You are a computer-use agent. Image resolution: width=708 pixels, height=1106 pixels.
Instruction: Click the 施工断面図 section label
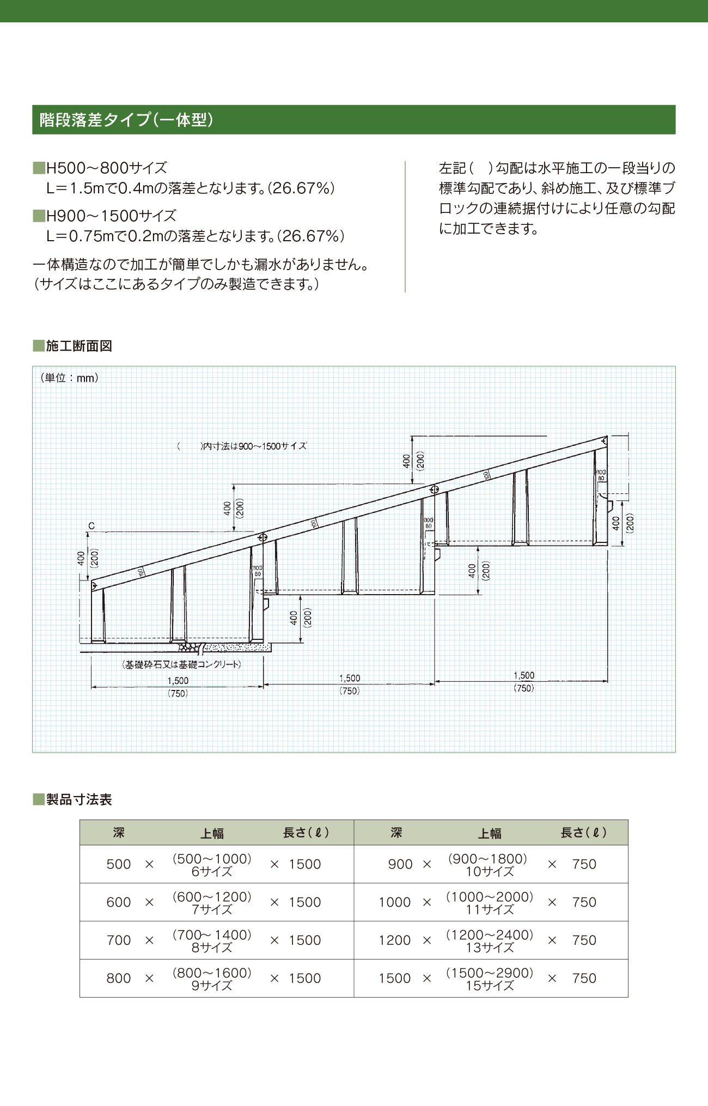coord(78,346)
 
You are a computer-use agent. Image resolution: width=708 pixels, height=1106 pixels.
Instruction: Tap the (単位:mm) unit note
coord(69,378)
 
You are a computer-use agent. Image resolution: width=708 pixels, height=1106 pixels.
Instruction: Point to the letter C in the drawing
coord(91,525)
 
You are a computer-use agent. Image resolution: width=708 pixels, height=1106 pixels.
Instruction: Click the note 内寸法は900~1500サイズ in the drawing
coord(254,446)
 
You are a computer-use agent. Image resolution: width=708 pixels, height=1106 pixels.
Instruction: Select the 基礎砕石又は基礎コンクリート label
coord(181,664)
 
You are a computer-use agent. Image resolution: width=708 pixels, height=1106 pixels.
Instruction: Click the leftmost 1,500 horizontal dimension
coord(178,681)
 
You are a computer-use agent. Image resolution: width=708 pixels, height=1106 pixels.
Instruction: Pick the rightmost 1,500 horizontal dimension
coord(523,675)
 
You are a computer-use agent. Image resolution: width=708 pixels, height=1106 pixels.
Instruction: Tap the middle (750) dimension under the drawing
coord(349,691)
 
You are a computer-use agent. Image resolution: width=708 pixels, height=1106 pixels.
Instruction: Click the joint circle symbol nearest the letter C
coord(262,537)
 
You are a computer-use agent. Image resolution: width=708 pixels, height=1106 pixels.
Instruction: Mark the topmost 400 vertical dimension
coord(406,461)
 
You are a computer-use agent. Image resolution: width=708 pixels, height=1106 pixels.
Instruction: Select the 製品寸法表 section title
coord(78,799)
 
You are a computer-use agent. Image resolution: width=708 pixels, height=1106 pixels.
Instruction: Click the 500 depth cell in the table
coord(119,864)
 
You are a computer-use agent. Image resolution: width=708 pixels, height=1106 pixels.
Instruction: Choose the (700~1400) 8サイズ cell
coord(212,941)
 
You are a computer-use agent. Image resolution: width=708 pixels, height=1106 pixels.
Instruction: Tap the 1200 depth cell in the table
coord(395,940)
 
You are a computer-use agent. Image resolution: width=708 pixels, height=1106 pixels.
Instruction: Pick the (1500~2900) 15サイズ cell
coord(489,979)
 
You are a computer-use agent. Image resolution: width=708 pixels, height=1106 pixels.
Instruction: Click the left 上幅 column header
coord(212,833)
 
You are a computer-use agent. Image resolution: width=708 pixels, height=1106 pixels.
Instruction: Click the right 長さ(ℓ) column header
coord(583,833)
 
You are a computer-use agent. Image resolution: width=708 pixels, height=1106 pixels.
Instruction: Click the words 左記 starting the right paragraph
coord(453,168)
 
